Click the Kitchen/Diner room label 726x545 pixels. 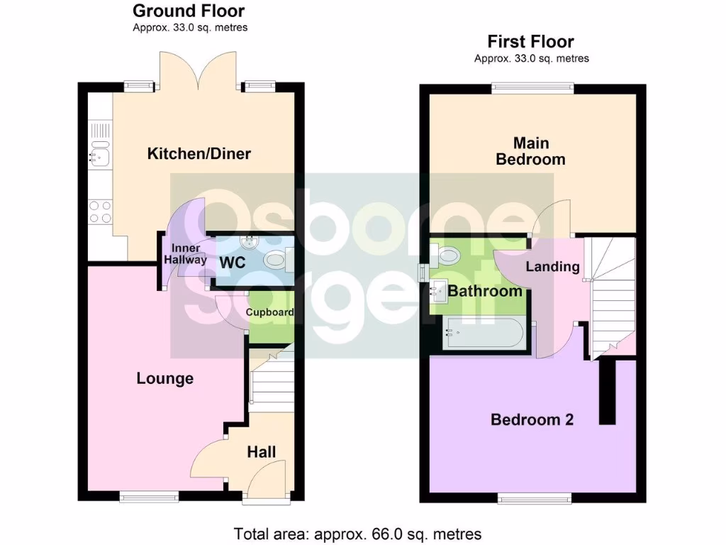click(199, 153)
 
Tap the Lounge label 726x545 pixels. click(165, 379)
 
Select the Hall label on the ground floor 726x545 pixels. click(261, 452)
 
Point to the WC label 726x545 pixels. click(232, 263)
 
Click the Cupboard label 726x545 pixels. click(270, 312)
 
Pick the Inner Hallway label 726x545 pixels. click(186, 254)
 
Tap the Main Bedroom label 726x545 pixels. click(530, 151)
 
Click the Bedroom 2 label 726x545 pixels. click(532, 419)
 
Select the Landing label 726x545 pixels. click(552, 267)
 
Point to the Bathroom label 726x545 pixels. click(485, 291)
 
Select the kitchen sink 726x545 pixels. click(98, 154)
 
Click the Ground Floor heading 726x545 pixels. click(189, 11)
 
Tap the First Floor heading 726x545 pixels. click(530, 42)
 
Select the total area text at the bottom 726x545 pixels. click(358, 534)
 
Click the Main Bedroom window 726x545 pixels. click(533, 88)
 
